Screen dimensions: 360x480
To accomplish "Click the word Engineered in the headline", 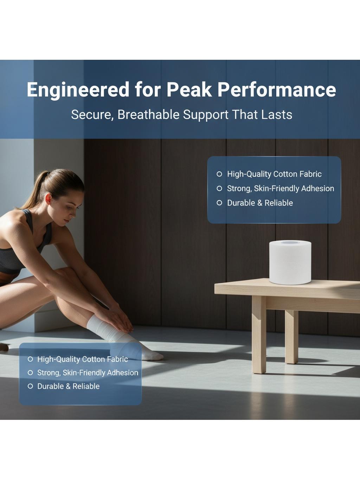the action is (x=78, y=90).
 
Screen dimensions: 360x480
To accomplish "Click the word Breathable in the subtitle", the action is (x=148, y=115).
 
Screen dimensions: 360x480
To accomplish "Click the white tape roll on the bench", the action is (x=290, y=262).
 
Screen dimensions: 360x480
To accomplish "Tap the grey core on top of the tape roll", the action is (x=290, y=243).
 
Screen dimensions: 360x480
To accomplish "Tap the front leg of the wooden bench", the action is (x=259, y=334).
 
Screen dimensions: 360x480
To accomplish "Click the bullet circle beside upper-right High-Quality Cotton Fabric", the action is (x=219, y=174).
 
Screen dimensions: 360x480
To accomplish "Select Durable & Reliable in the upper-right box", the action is (x=260, y=203).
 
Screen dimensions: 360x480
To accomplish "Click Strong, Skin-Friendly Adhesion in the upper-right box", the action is (x=281, y=188).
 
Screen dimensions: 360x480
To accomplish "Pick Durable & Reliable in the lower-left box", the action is (x=69, y=386).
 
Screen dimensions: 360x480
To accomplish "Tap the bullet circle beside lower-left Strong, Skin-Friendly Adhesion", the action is (x=30, y=373).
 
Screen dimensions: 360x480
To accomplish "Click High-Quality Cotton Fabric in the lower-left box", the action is (x=82, y=359).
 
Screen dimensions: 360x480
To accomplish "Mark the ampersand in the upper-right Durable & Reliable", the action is (x=260, y=203).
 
